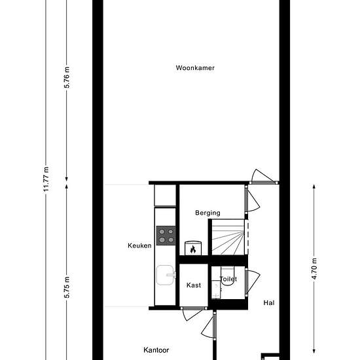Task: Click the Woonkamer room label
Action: pyautogui.click(x=195, y=68)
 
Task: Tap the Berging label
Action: pyautogui.click(x=207, y=213)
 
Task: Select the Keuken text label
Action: pyautogui.click(x=139, y=245)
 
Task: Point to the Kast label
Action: pyautogui.click(x=194, y=285)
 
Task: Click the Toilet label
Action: pyautogui.click(x=228, y=279)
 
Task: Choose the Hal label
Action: pyautogui.click(x=269, y=303)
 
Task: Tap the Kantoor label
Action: pyautogui.click(x=156, y=350)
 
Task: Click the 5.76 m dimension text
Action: pyautogui.click(x=67, y=77)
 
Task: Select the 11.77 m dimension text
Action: pyautogui.click(x=46, y=179)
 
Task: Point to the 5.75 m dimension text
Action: pyautogui.click(x=67, y=287)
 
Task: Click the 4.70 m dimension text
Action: pyautogui.click(x=314, y=269)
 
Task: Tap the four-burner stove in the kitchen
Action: pyautogui.click(x=166, y=236)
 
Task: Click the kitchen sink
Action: pyautogui.click(x=166, y=275)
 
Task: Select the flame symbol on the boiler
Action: pyautogui.click(x=193, y=249)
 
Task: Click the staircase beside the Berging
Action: pyautogui.click(x=228, y=237)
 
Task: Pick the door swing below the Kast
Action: pyautogui.click(x=192, y=314)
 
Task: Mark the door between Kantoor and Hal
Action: pyautogui.click(x=208, y=325)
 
